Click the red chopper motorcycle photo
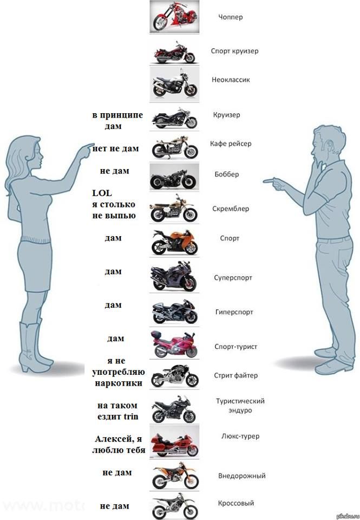point(174,16)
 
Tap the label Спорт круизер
point(235,51)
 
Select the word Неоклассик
point(231,80)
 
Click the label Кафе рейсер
point(231,144)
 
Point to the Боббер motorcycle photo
point(174,177)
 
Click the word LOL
point(102,193)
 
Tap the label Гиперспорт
point(234,312)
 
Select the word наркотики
point(119,383)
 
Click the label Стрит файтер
point(235,375)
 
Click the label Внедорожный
point(241,476)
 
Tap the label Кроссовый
point(235,503)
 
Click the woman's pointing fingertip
point(93,145)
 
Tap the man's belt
point(333,239)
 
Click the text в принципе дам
point(117,120)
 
